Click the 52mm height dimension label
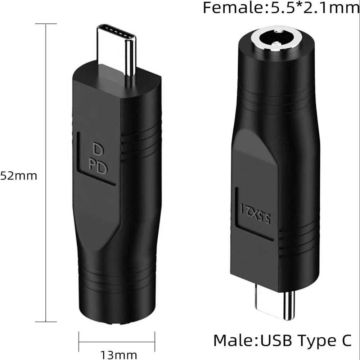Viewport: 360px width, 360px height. (18, 176)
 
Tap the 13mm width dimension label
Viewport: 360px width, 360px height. (118, 355)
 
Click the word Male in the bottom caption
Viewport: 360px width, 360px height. (234, 340)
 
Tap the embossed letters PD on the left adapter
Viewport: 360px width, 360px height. (98, 167)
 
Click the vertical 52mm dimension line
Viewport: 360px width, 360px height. (46, 173)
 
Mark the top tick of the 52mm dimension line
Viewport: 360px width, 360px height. (46, 24)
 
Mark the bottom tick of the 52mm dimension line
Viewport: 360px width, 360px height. (46, 321)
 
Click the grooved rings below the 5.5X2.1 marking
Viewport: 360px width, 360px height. (299, 241)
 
